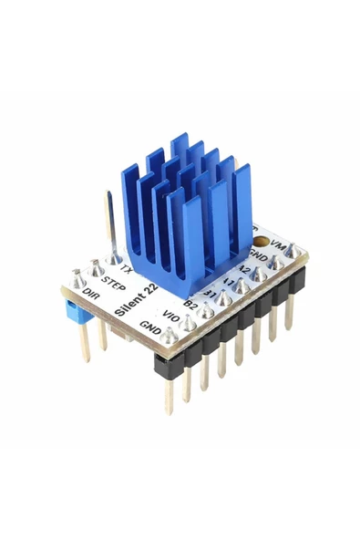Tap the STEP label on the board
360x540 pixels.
(x=114, y=284)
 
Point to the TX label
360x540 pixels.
(x=127, y=272)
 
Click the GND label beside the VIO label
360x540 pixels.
(x=151, y=327)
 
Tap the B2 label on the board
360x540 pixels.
(x=191, y=303)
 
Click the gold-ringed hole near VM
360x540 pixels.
(x=262, y=244)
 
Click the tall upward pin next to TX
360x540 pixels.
(x=111, y=224)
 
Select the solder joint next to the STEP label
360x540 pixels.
(x=97, y=268)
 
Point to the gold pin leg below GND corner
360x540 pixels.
(x=170, y=392)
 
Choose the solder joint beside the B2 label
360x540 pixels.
(x=206, y=311)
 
